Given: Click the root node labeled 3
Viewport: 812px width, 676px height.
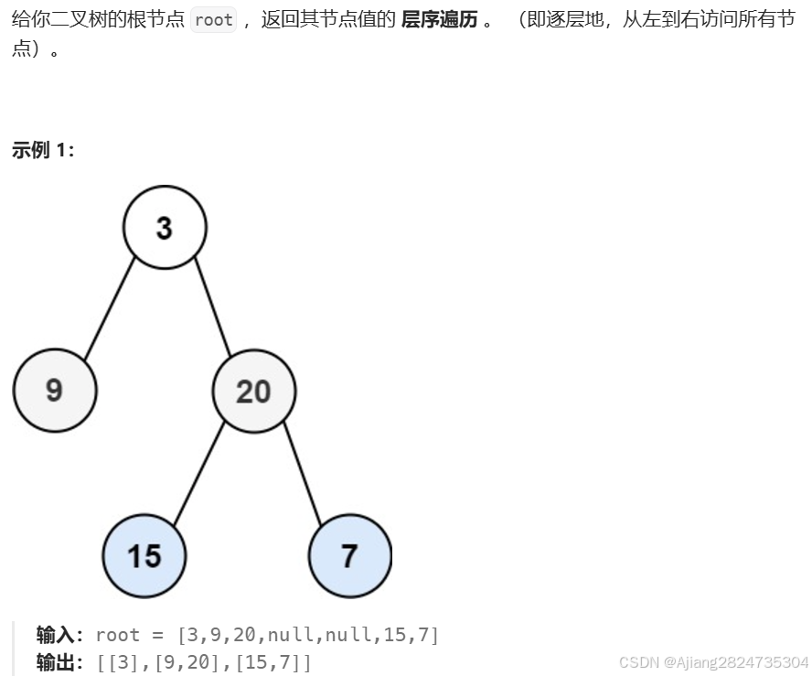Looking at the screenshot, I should [x=165, y=227].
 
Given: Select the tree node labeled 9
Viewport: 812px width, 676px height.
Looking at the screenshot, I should [x=55, y=391].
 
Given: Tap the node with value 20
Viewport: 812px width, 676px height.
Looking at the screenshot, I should [x=254, y=391].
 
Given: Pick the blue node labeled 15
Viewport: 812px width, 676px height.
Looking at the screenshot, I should [x=144, y=555].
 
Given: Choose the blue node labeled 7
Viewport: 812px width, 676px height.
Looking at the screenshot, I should [x=350, y=555].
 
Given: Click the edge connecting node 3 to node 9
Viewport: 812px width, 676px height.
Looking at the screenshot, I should [x=110, y=308].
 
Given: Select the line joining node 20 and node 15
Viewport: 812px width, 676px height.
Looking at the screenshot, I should [x=199, y=473].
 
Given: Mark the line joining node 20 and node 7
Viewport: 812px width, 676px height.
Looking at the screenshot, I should [x=303, y=473].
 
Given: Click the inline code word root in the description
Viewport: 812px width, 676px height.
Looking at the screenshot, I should [x=214, y=20].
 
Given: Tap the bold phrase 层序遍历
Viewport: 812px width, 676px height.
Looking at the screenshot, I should [x=439, y=20].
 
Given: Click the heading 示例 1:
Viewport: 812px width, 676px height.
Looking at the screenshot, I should [x=43, y=150].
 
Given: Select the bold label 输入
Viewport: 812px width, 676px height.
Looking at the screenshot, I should [x=56, y=635].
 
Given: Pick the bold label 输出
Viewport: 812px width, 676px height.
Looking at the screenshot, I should [x=56, y=662].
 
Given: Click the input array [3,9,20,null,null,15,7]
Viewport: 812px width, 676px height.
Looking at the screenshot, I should [x=308, y=635].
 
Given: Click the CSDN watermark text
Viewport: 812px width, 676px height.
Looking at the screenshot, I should [x=713, y=662].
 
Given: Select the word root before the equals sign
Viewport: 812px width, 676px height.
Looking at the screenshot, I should [x=117, y=635].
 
